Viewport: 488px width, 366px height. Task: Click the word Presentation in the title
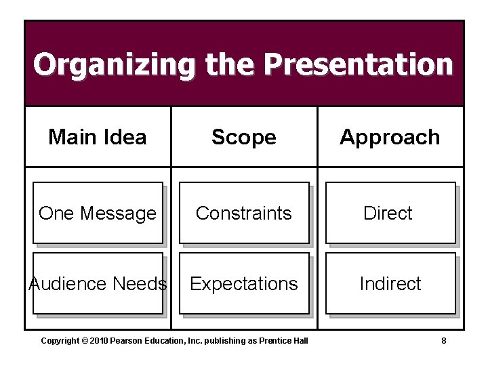pos(358,65)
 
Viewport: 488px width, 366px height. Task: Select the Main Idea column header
pos(98,137)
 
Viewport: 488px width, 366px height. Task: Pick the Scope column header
pos(244,137)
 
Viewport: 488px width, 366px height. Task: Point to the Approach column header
pos(390,137)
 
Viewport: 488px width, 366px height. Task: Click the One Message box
pos(98,213)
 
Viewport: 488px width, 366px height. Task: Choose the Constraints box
pos(244,213)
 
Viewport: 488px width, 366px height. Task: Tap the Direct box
pos(390,213)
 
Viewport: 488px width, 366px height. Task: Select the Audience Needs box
pos(98,283)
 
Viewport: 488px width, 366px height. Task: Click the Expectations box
pos(244,283)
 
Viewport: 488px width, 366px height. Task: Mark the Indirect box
pos(390,283)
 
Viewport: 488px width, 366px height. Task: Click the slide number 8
pos(443,340)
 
